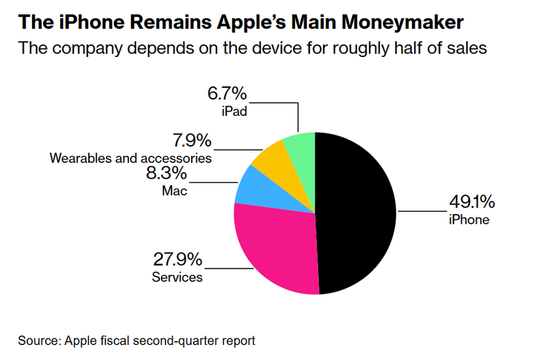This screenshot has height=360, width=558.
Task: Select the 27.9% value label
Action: coord(177,260)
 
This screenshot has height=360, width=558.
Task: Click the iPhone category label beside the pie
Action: coord(468,220)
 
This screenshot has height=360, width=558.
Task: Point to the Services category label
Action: coord(177,277)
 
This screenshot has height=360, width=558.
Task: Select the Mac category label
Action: coord(174,191)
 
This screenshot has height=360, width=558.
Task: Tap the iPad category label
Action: coord(234,111)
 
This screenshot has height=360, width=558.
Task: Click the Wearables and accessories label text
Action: coord(131,158)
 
